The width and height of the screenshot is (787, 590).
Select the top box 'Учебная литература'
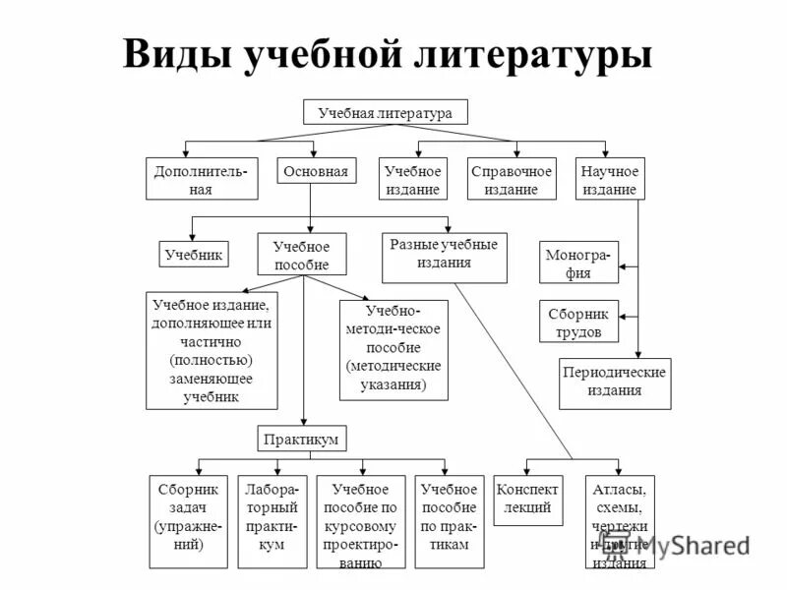tap(385, 112)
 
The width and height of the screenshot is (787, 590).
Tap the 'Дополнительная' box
tap(202, 179)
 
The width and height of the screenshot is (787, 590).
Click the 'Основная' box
tap(315, 172)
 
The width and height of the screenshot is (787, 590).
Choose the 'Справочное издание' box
tap(512, 179)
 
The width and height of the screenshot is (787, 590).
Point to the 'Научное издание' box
tap(610, 179)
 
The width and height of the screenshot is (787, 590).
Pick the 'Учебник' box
tap(194, 255)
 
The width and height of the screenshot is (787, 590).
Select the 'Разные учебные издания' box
tap(444, 256)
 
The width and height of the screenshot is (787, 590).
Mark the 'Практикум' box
tap(303, 439)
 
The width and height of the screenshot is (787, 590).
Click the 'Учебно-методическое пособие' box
tap(393, 350)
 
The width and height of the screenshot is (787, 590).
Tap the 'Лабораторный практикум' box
tap(272, 522)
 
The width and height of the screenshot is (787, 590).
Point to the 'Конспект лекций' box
tap(528, 500)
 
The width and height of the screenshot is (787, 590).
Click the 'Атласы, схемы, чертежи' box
tap(620, 522)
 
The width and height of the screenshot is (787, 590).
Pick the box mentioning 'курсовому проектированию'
tap(360, 522)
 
